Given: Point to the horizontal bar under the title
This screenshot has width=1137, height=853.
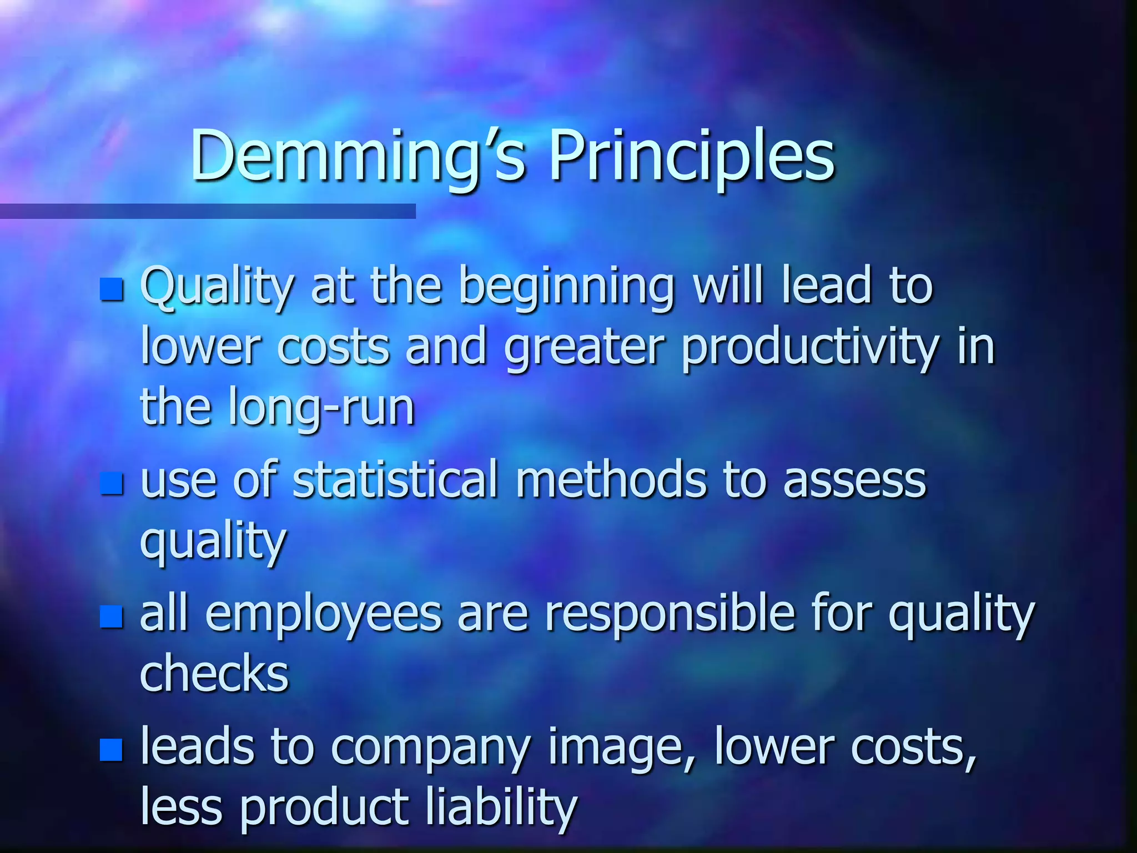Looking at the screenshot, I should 208,211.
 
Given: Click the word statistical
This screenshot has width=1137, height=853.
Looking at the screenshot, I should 395,480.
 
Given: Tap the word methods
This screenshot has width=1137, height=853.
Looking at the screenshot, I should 611,480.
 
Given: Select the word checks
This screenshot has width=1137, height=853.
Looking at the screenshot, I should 214,673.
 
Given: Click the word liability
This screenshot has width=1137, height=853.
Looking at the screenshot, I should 502,808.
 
